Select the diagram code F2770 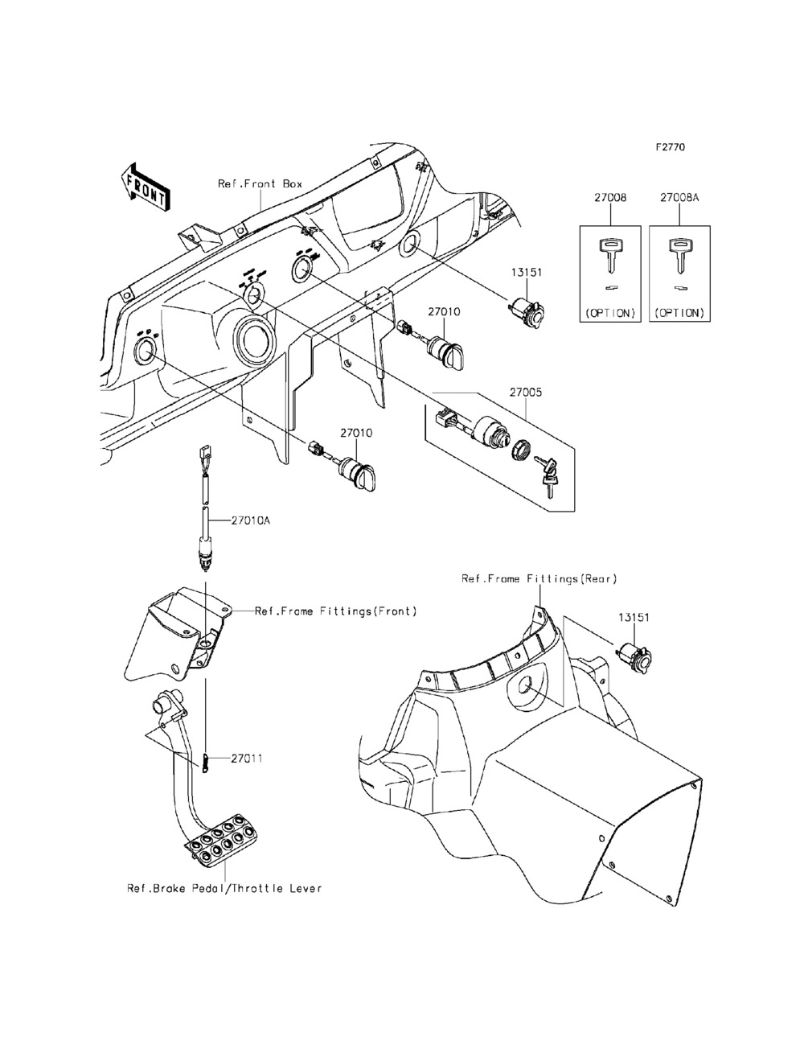[x=670, y=148]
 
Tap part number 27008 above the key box [x=610, y=197]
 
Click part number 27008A [x=680, y=197]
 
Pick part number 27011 [x=247, y=758]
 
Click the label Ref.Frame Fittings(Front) [x=336, y=611]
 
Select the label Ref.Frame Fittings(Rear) [x=539, y=578]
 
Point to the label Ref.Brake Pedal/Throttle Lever [x=224, y=888]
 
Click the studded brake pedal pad [x=220, y=841]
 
